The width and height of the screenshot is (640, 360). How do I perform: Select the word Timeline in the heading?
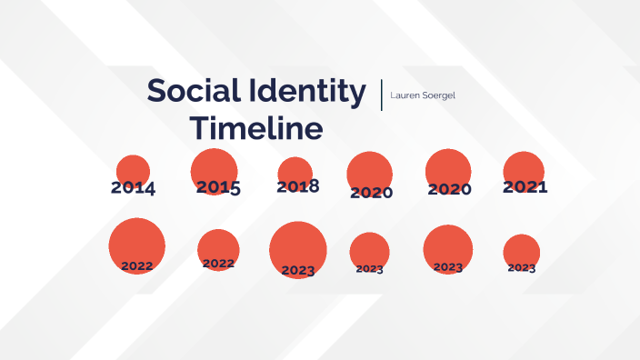[x=255, y=129]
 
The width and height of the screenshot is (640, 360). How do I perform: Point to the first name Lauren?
[x=405, y=95]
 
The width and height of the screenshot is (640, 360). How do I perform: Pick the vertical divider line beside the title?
[x=382, y=95]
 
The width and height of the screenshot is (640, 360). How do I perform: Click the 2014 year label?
[x=133, y=189]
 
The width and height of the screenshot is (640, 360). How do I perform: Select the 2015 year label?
[x=218, y=187]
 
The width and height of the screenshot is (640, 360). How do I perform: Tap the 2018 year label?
[x=298, y=186]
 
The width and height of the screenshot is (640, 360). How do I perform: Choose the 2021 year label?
[x=525, y=187]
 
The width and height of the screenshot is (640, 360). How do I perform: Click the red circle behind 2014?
[x=134, y=169]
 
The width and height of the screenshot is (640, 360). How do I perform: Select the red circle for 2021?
[x=524, y=169]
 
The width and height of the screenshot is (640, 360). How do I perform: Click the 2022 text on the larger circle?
[x=136, y=265]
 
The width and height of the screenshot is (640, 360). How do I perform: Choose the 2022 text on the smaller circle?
[x=218, y=264]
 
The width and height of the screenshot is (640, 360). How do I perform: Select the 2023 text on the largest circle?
[x=298, y=270]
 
